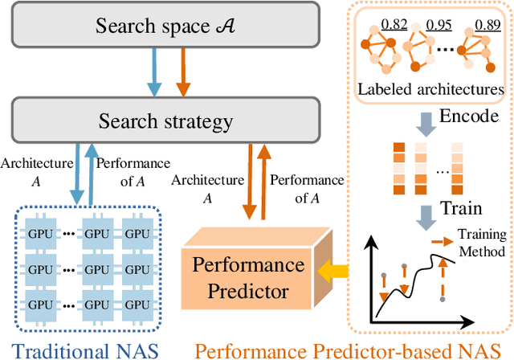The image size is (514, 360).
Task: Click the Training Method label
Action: pyautogui.click(x=481, y=243)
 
